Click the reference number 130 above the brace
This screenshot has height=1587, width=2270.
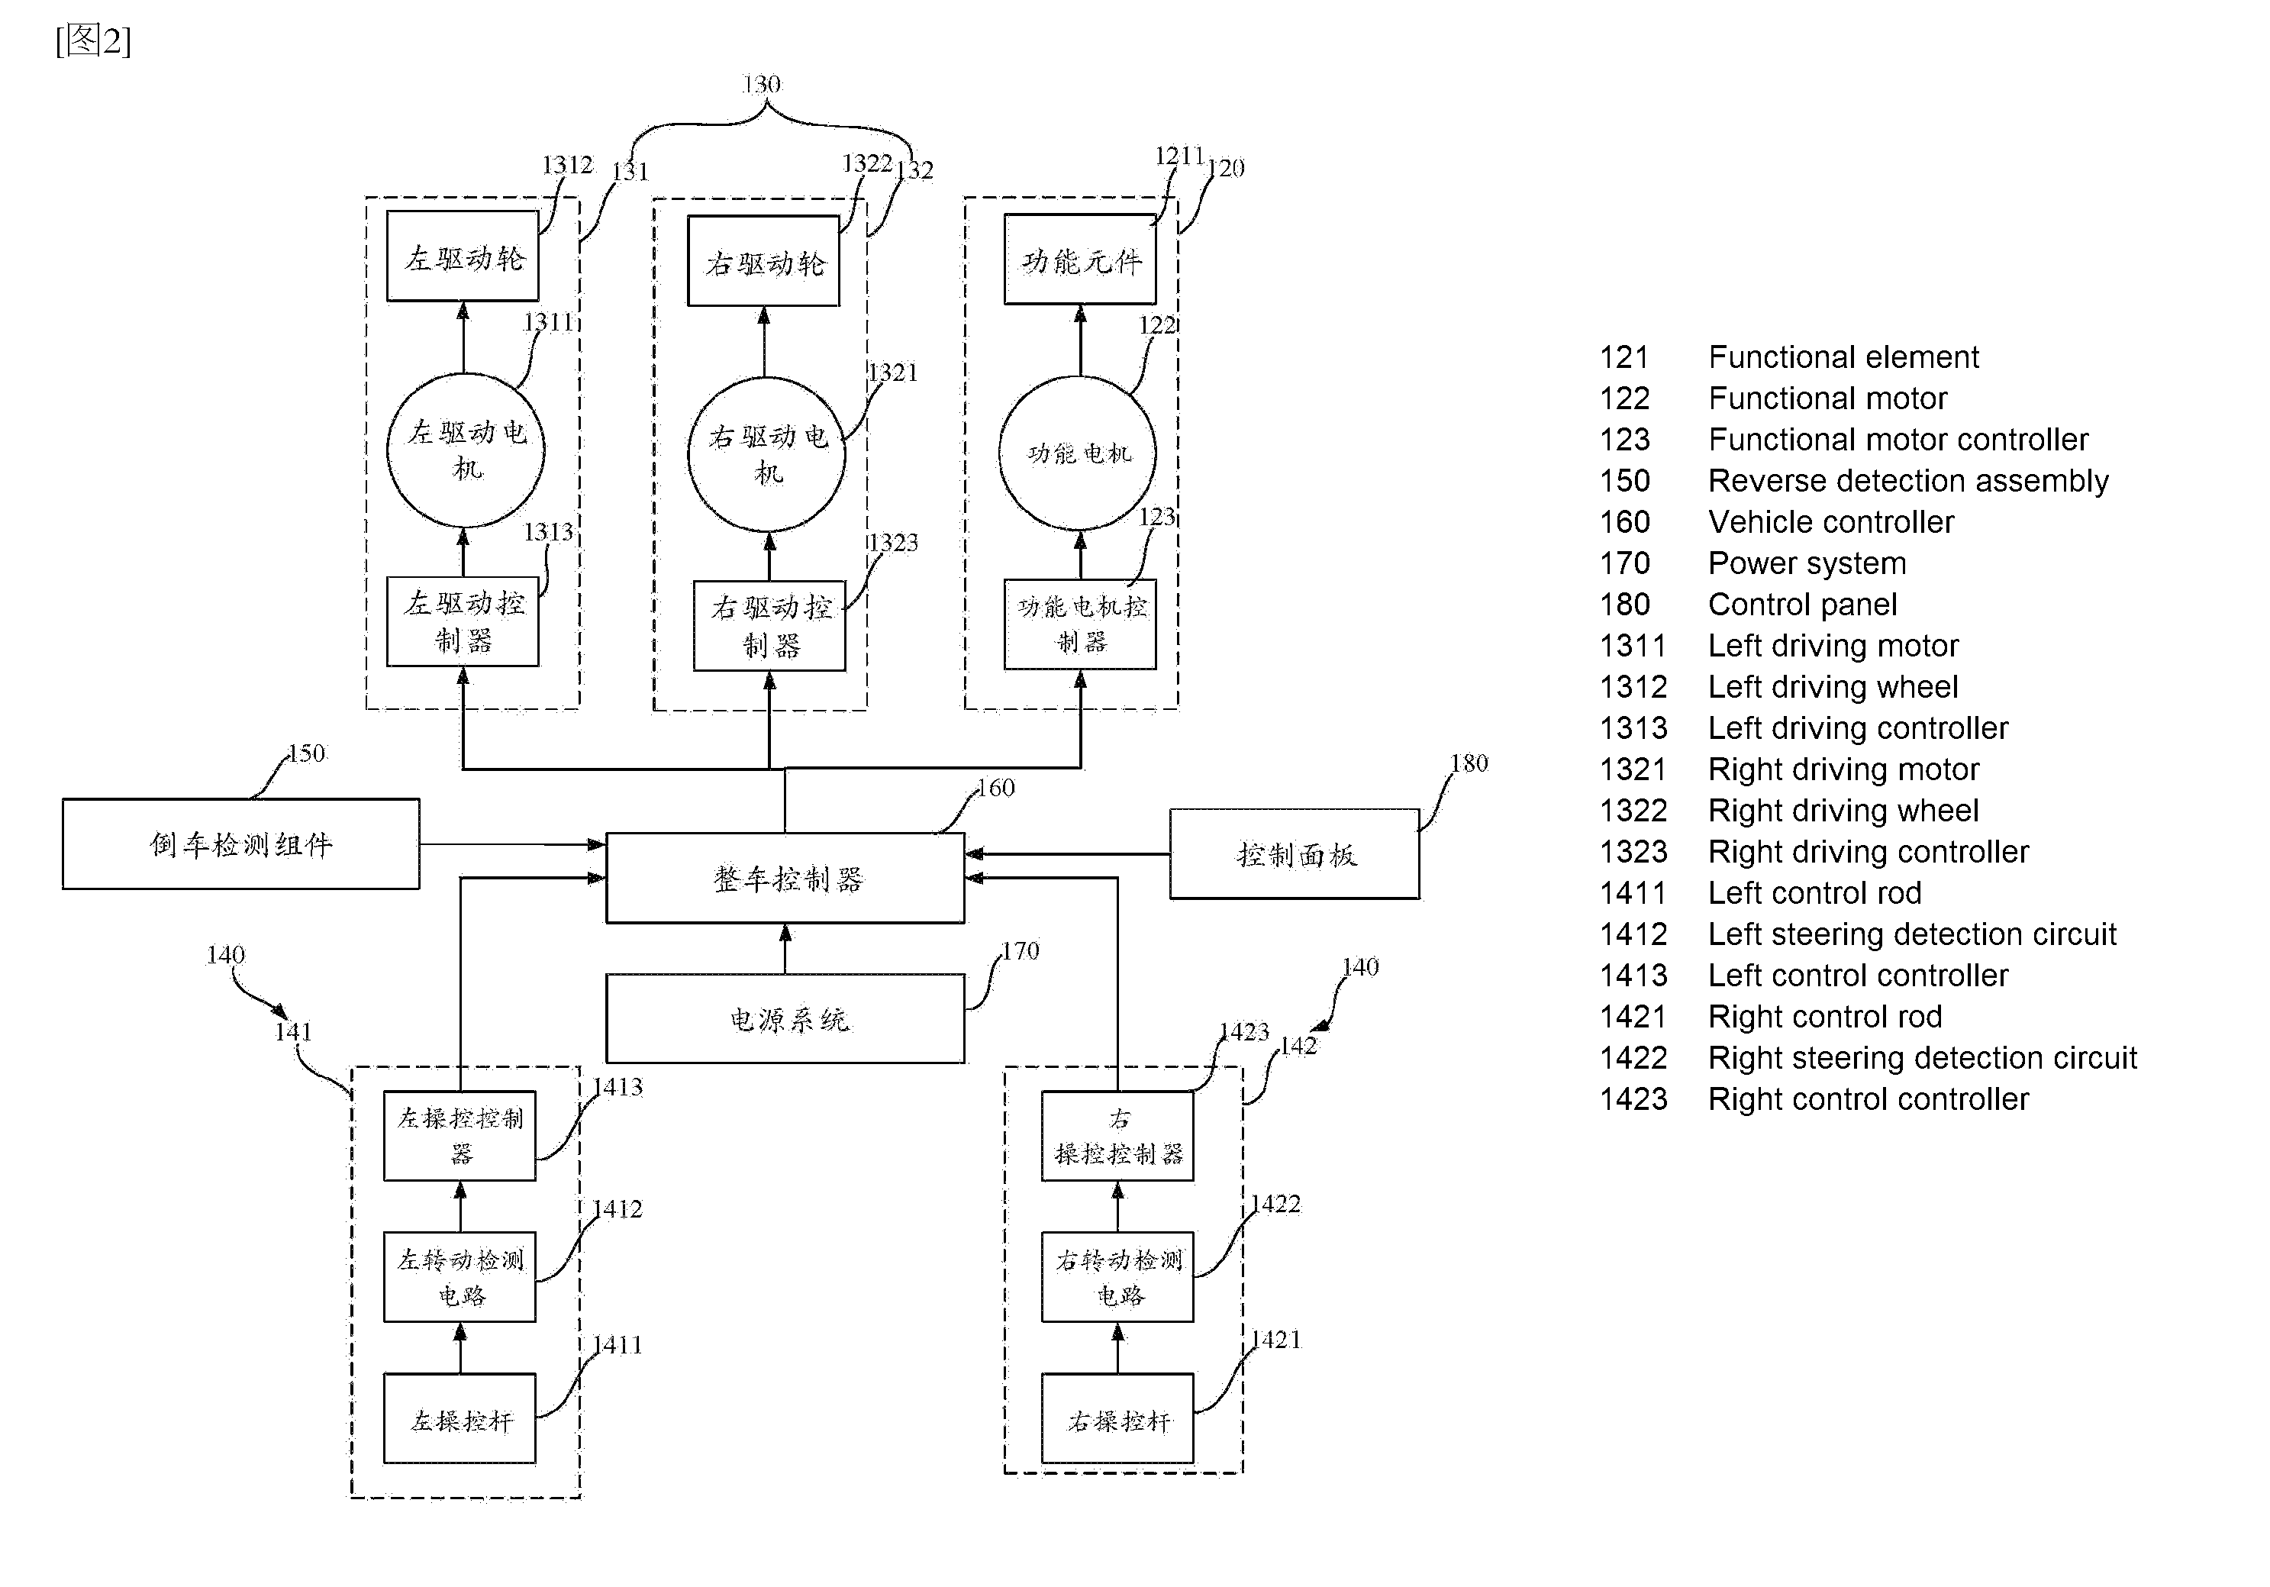pyautogui.click(x=761, y=85)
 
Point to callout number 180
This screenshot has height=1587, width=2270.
pyautogui.click(x=1469, y=763)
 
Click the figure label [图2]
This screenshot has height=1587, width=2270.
pyautogui.click(x=93, y=40)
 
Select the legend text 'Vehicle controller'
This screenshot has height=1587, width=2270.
pyautogui.click(x=1831, y=522)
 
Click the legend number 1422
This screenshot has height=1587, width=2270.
pyautogui.click(x=1633, y=1058)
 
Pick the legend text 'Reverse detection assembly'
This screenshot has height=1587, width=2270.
pyautogui.click(x=1908, y=481)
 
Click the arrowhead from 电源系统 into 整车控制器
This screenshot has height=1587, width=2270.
pyautogui.click(x=785, y=932)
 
